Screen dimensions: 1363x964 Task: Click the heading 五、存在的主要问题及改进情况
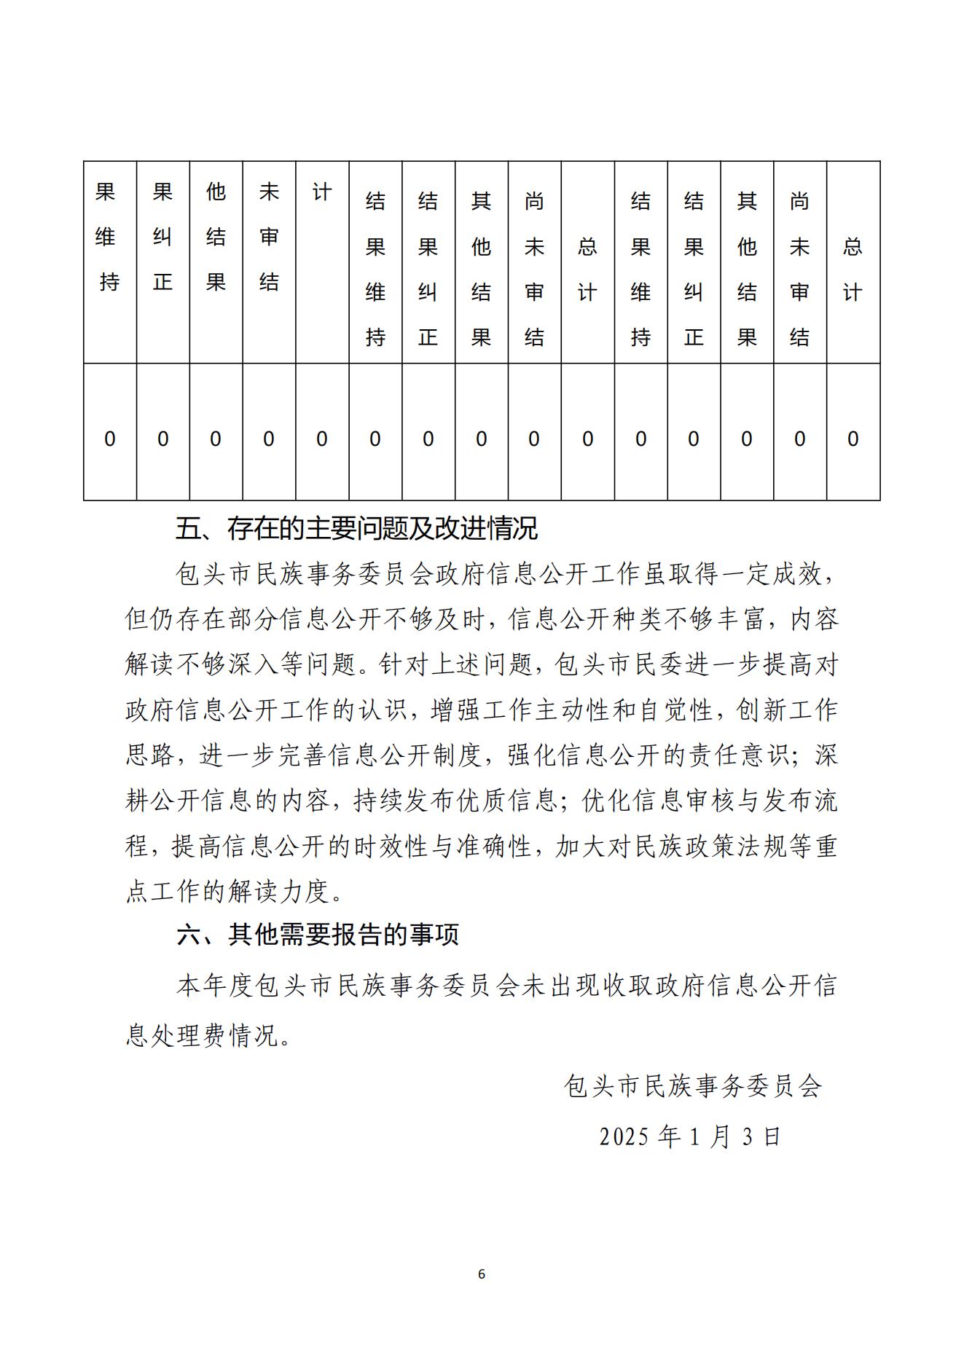(x=356, y=529)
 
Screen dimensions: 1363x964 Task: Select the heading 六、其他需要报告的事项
(x=318, y=935)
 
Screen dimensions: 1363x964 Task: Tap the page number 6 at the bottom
(x=481, y=1274)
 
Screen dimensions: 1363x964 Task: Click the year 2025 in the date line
(x=624, y=1137)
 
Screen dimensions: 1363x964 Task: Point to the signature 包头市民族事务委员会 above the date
(x=693, y=1086)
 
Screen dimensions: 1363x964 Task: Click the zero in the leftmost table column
(x=110, y=439)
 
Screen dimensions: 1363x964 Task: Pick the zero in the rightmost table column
(x=853, y=439)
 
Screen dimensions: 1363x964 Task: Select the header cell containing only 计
(x=322, y=192)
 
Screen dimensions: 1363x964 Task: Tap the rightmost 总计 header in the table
(x=853, y=270)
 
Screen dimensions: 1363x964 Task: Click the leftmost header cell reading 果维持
(x=109, y=237)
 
